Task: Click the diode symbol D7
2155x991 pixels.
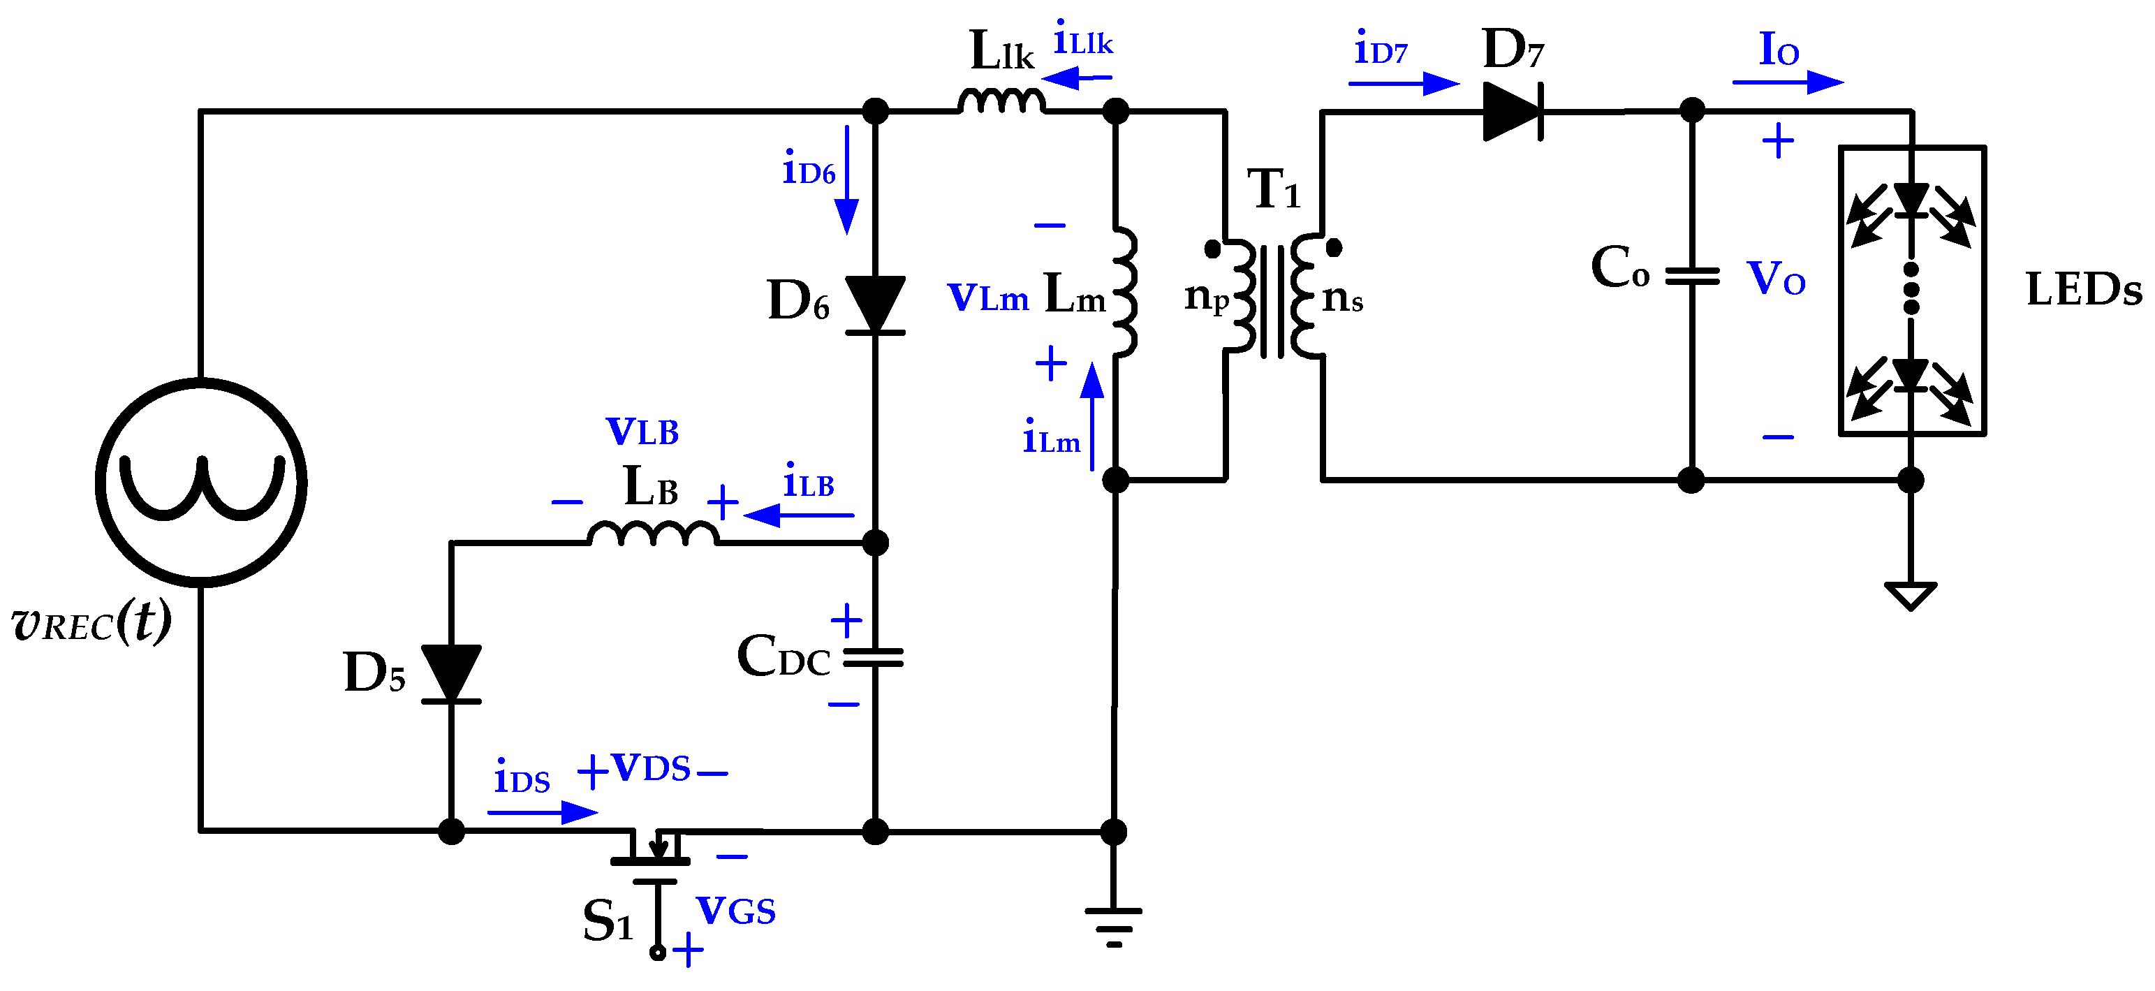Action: click(x=1513, y=111)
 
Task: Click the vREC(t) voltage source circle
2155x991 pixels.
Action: click(x=201, y=483)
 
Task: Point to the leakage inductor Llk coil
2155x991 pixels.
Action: click(x=1001, y=102)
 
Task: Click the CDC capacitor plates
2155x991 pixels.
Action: click(x=874, y=658)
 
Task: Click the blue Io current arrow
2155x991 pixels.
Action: click(x=1787, y=82)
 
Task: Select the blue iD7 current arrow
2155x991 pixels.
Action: click(x=1403, y=84)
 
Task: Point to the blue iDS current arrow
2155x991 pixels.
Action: click(x=542, y=812)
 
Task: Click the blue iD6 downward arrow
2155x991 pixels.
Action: click(x=846, y=180)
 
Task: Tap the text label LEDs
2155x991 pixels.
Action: click(x=2083, y=291)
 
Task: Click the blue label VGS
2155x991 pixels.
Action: click(x=736, y=911)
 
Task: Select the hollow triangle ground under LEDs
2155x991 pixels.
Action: click(x=1911, y=595)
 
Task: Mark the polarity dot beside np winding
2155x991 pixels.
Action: click(x=1212, y=249)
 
